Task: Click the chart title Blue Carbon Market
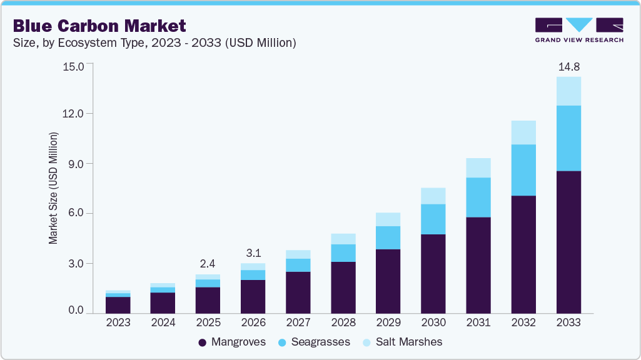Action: [x=99, y=26]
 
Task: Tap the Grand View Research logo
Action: [x=578, y=29]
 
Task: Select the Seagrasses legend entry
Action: [x=315, y=342]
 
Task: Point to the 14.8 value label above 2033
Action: [x=568, y=66]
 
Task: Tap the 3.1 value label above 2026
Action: [x=253, y=253]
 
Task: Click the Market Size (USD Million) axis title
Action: [x=53, y=188]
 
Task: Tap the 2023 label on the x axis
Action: [x=118, y=323]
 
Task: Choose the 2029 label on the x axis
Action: [x=388, y=323]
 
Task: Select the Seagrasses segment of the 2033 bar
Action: [x=568, y=138]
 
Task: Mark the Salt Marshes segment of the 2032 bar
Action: [x=523, y=132]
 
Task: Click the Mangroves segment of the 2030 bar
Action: [x=433, y=274]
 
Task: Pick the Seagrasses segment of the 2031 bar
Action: [x=478, y=197]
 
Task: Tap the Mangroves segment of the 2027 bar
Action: [x=298, y=292]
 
